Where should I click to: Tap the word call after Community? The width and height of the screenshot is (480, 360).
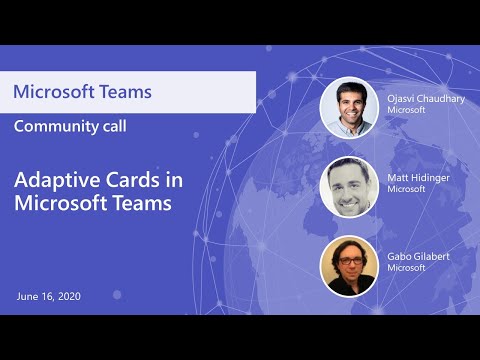(109, 126)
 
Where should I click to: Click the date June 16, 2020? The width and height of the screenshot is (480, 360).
(48, 297)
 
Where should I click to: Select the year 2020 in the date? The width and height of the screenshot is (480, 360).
(67, 297)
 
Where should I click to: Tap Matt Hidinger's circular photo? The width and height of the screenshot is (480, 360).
(348, 186)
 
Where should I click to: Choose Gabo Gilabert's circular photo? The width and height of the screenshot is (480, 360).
(348, 265)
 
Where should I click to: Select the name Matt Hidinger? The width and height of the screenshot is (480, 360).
(419, 177)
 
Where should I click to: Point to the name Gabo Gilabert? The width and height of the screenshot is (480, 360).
(420, 256)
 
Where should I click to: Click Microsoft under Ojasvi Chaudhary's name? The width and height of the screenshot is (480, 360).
(406, 110)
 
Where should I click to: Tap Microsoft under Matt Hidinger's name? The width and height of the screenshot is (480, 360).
(406, 189)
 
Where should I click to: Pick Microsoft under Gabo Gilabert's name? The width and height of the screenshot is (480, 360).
(406, 268)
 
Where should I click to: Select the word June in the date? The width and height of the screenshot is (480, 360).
(27, 297)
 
